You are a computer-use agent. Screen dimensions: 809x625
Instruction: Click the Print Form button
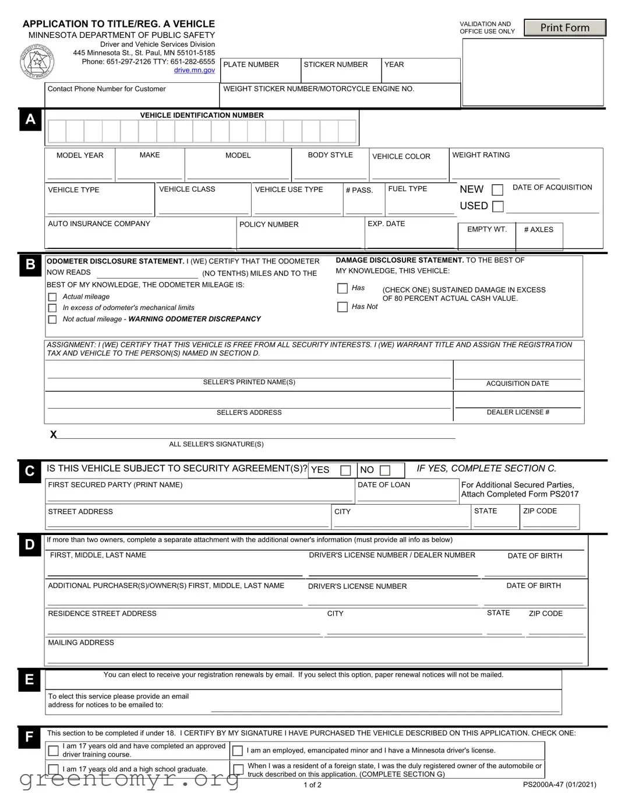point(564,27)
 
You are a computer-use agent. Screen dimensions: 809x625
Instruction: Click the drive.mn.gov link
point(194,71)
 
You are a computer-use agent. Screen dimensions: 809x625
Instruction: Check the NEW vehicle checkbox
point(497,190)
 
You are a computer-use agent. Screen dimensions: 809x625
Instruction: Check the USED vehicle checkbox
point(497,206)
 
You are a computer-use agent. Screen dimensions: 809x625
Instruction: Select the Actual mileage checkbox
point(52,297)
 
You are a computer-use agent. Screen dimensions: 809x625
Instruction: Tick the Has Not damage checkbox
point(342,307)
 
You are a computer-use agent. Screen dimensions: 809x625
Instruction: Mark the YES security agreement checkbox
point(345,470)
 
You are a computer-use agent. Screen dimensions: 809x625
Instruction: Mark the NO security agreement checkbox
point(385,470)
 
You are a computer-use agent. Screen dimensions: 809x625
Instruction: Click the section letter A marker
point(30,119)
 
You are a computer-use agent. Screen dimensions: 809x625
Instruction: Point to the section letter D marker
point(30,545)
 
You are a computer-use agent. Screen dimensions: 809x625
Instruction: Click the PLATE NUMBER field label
point(251,65)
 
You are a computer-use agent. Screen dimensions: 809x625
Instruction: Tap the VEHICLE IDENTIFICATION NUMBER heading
point(202,115)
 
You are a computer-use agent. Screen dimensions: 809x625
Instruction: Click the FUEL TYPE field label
point(407,189)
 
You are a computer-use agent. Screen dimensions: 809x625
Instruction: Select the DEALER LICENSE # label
point(518,412)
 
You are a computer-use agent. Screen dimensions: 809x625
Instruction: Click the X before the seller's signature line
point(54,434)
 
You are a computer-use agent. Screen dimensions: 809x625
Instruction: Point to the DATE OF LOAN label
point(383,485)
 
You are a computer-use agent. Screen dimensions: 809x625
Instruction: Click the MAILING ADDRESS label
point(81,643)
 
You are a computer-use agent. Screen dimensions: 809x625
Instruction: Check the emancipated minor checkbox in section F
point(238,751)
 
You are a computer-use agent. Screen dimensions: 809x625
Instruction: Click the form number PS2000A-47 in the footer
point(559,785)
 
